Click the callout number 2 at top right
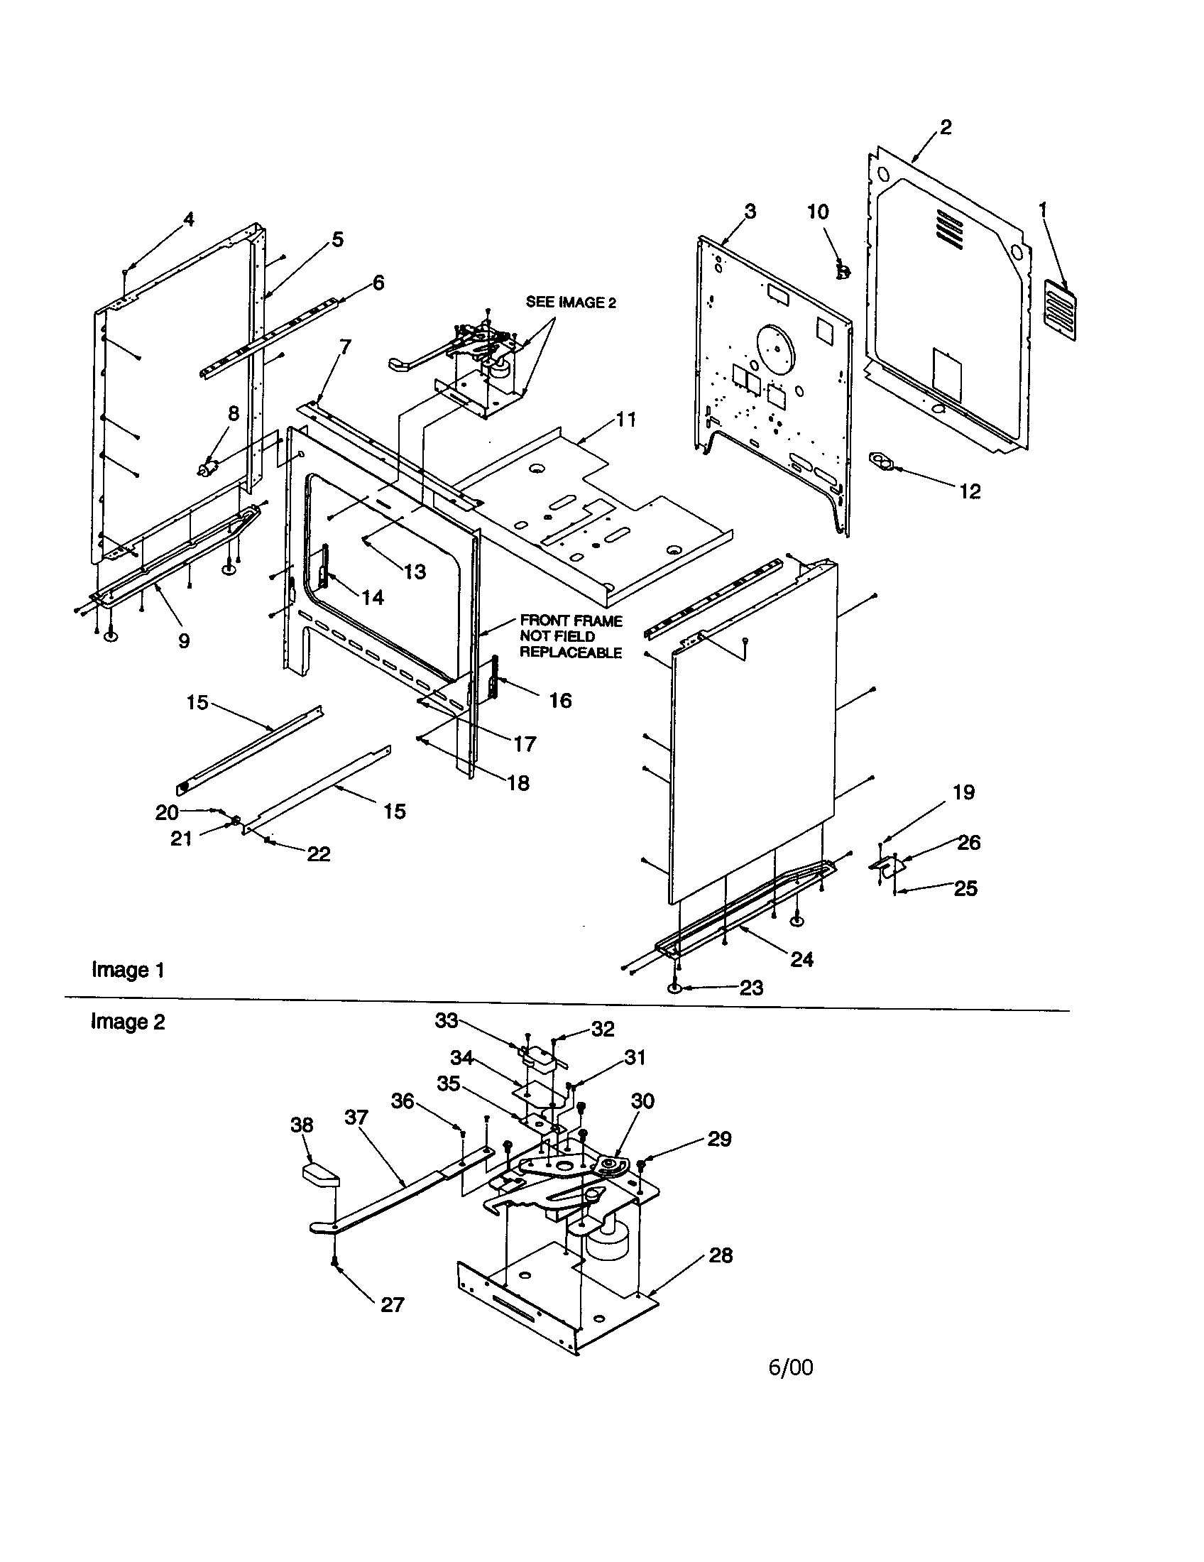click(945, 127)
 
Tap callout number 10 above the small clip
click(818, 212)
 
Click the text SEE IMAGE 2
click(571, 302)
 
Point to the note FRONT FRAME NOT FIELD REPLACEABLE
click(570, 637)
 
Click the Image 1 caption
click(128, 970)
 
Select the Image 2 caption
click(128, 1021)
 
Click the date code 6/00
click(790, 1367)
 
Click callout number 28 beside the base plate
click(720, 1255)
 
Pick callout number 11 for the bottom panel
click(625, 419)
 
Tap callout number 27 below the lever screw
click(392, 1304)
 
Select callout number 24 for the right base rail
click(801, 959)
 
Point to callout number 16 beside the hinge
click(560, 700)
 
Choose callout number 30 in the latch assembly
click(642, 1100)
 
